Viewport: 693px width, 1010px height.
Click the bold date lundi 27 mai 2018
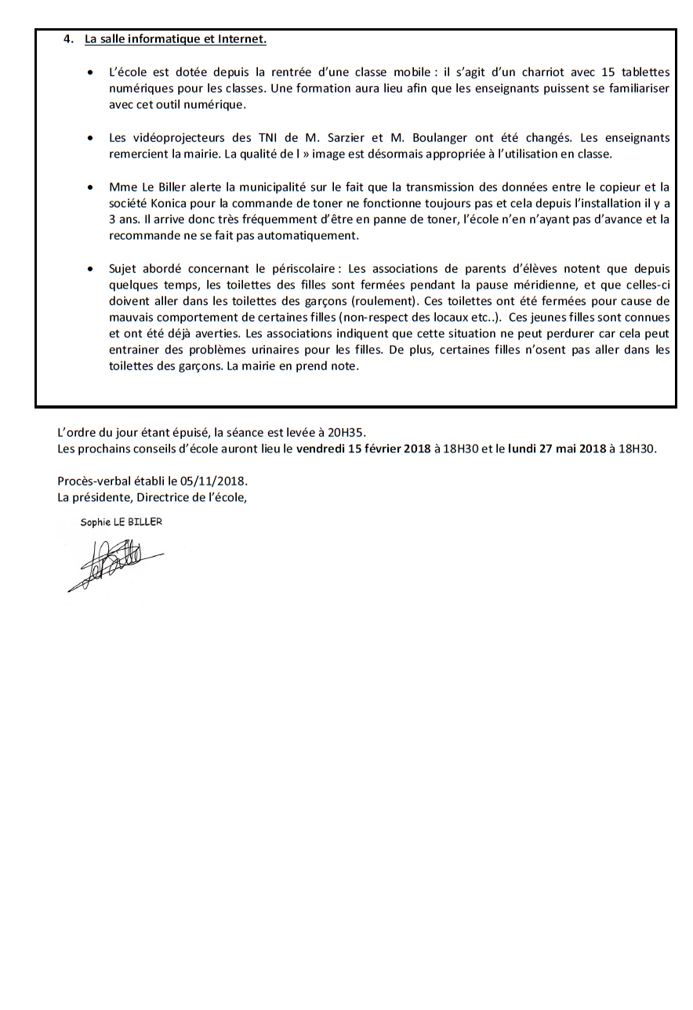[x=557, y=449]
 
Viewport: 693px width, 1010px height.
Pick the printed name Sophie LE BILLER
[x=121, y=522]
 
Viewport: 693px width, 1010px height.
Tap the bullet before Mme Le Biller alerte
[x=92, y=188]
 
